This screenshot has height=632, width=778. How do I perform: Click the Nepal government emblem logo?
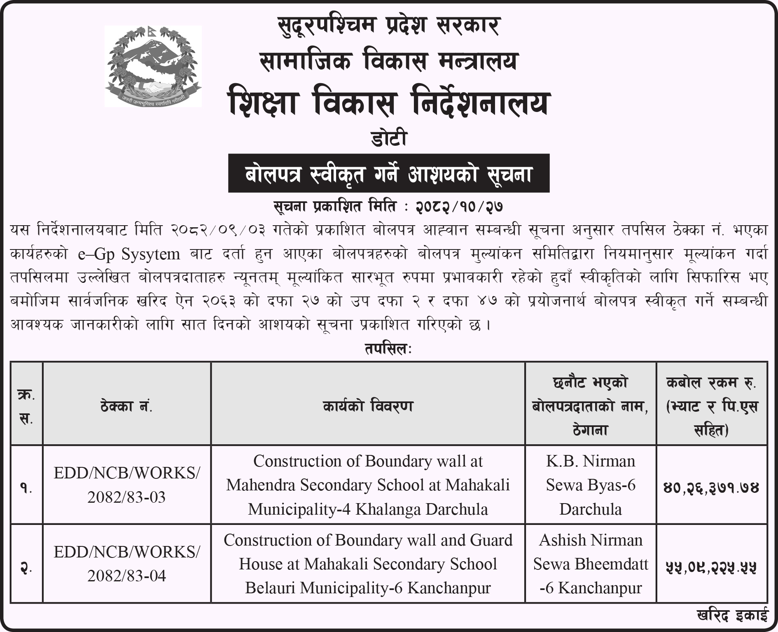153,66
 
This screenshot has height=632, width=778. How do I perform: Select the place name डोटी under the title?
388,138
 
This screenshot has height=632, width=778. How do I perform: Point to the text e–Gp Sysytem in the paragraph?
129,254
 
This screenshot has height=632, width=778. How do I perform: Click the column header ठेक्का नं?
126,407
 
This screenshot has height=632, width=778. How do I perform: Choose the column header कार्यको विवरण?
368,407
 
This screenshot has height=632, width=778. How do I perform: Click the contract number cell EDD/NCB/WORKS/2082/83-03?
126,485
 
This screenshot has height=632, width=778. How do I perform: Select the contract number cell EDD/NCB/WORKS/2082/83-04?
126,564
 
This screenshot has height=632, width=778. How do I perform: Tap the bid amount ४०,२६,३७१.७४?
711,488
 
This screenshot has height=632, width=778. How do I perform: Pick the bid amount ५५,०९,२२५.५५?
711,567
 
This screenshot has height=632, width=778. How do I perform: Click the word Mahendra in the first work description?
261,485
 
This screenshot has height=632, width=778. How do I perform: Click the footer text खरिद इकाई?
732,616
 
